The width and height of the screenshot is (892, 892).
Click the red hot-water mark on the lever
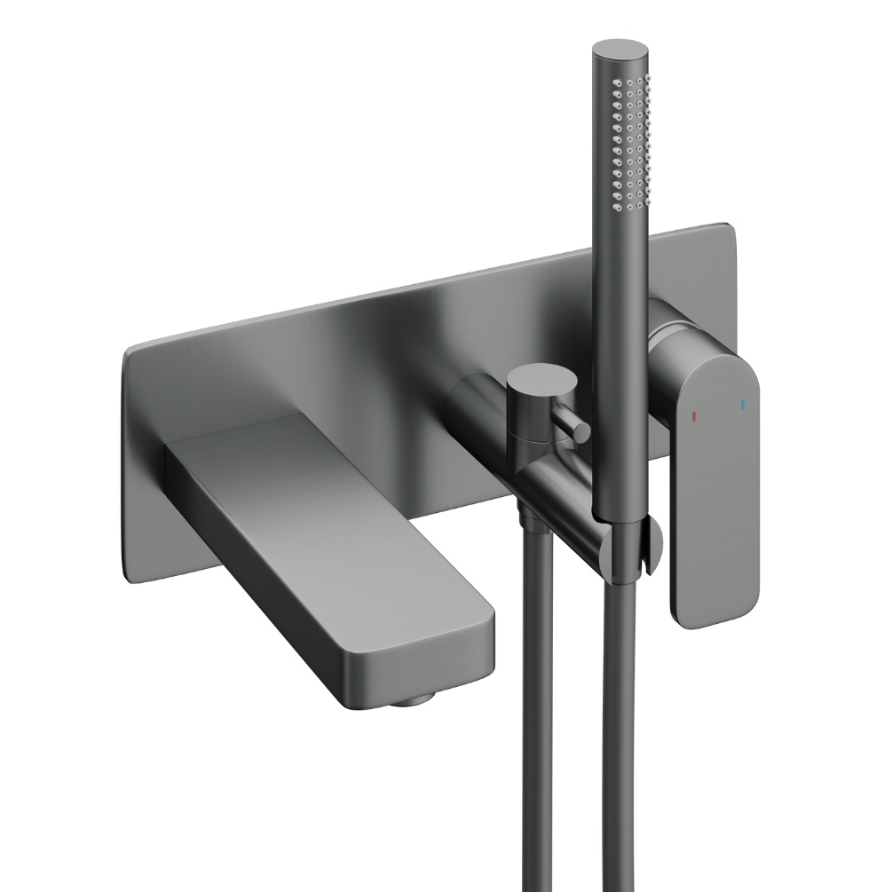pyautogui.click(x=695, y=415)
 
